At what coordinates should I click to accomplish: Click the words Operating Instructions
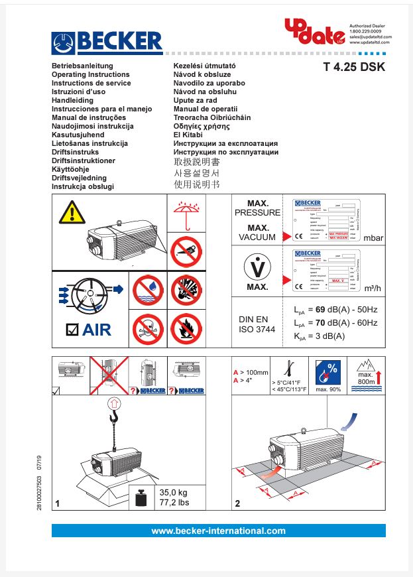coord(91,75)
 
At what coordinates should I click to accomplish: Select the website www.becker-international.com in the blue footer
coord(218,531)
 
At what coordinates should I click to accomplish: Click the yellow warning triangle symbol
coord(71,212)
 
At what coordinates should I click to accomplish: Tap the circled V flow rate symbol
coord(257,267)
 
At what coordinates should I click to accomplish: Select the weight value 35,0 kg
coord(174,493)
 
